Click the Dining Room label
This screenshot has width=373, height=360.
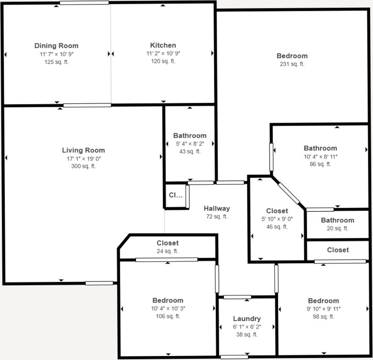56,46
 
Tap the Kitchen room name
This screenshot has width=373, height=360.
163,45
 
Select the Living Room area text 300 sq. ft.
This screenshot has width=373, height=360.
83,166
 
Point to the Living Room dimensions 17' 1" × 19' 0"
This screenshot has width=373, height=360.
83,159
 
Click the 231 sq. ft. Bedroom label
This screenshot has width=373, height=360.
292,56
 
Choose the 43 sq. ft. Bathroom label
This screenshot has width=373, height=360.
190,136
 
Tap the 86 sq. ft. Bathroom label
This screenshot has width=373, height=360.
320,148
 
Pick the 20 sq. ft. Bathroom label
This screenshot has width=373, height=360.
337,220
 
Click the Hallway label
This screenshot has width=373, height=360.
217,209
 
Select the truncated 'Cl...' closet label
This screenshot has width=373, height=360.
176,196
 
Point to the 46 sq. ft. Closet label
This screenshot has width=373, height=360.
277,211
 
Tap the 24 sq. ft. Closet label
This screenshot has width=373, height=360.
168,243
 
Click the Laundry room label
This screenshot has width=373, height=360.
247,319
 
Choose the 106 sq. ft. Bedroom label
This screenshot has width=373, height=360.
168,301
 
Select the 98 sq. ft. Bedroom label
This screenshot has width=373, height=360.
323,301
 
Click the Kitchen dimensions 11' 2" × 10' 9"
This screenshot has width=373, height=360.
163,53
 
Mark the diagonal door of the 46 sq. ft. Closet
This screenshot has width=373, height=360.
289,193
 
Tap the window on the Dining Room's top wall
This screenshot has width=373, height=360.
84,3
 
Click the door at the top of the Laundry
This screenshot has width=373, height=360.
237,297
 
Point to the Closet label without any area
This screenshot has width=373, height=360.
338,250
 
